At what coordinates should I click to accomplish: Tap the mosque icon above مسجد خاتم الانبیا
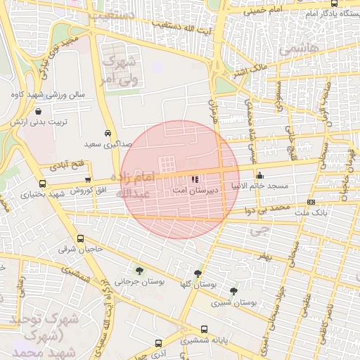click(260, 176)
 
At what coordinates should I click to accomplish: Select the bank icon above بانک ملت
click(311, 202)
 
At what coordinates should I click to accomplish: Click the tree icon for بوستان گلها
click(197, 273)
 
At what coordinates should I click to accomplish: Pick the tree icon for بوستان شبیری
click(233, 291)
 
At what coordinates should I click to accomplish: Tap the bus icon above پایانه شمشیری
click(204, 329)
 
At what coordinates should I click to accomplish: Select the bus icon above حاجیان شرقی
click(80, 238)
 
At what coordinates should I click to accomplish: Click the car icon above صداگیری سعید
click(107, 133)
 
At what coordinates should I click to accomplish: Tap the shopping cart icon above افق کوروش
click(87, 181)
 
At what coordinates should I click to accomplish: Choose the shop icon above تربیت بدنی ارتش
click(37, 111)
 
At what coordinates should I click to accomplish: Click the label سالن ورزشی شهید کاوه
click(48, 94)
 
